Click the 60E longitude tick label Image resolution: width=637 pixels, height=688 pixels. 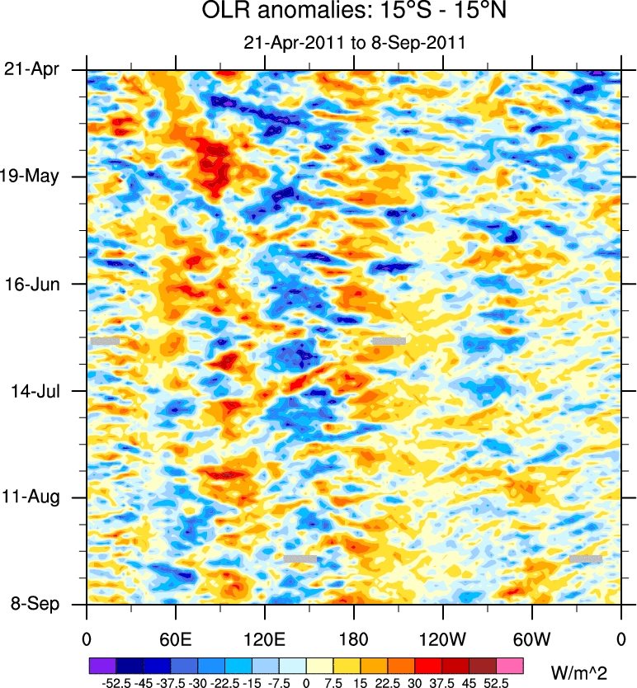(x=176, y=639)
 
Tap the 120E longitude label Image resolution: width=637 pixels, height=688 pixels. (x=265, y=639)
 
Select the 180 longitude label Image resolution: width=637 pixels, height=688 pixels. (x=354, y=639)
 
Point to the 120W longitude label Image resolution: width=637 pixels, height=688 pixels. (x=442, y=639)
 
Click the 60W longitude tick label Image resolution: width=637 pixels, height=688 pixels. (x=531, y=639)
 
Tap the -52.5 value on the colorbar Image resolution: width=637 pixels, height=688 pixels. (x=116, y=682)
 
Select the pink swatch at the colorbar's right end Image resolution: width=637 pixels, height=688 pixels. (x=510, y=665)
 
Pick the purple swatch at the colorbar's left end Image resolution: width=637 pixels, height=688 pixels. (x=102, y=665)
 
